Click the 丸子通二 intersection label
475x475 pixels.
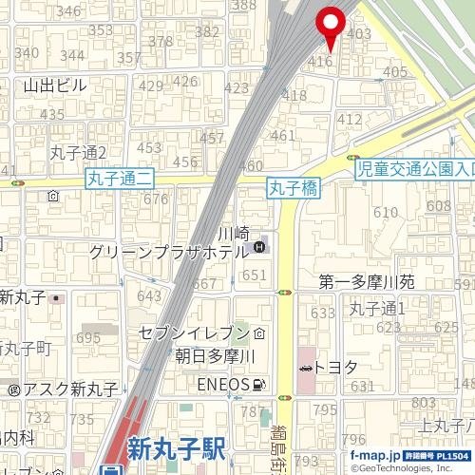(120, 177)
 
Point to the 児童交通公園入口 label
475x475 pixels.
(415, 170)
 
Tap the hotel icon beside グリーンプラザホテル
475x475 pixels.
(259, 249)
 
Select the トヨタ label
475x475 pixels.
(335, 367)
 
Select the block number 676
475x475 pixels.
(155, 199)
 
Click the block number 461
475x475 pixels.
(283, 136)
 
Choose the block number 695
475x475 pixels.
(88, 338)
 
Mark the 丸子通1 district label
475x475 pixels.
(377, 308)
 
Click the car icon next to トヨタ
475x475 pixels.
(305, 368)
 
